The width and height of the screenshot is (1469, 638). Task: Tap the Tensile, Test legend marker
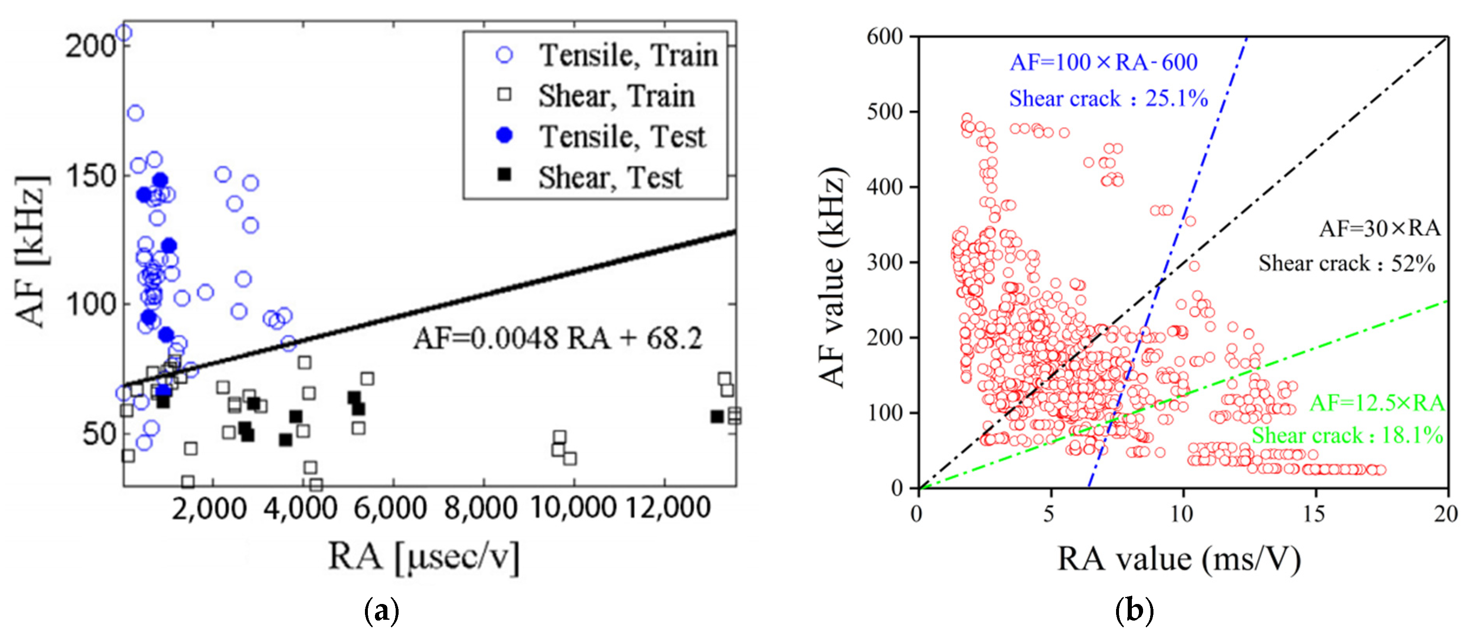(x=504, y=136)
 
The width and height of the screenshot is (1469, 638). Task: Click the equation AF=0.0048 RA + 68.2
(x=558, y=338)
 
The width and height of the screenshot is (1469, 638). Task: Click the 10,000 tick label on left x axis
(x=573, y=507)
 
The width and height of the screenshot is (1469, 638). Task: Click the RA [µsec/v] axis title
(x=423, y=557)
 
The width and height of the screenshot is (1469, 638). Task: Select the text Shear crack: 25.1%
(x=1108, y=99)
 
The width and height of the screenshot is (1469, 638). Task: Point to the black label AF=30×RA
(x=1379, y=229)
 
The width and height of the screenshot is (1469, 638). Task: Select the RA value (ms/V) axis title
(x=1179, y=559)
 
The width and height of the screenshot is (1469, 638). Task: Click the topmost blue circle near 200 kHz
(x=124, y=33)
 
